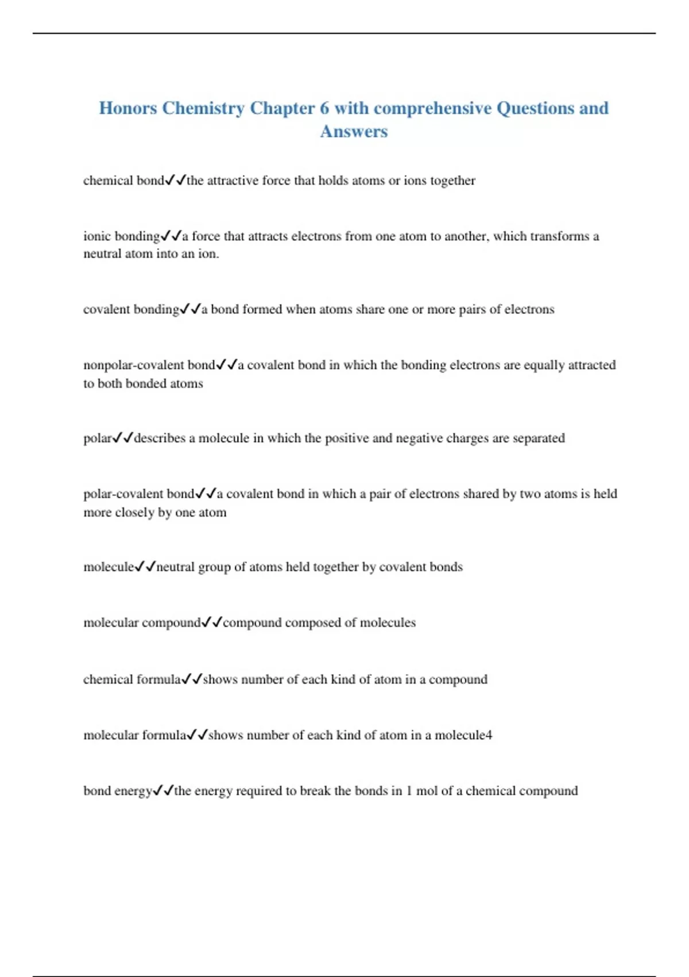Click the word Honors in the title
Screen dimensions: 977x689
[x=127, y=108]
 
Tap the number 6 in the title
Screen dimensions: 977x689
[x=324, y=108]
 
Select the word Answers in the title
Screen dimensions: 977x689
[x=354, y=132]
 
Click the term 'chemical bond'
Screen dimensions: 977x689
[x=123, y=180]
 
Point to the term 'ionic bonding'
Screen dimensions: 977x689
[x=121, y=236]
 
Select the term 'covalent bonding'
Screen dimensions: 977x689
[x=131, y=309]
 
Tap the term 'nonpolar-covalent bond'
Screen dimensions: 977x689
[x=149, y=365]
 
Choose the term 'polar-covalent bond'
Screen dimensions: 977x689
[x=139, y=494]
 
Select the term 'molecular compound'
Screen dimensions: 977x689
[x=142, y=622]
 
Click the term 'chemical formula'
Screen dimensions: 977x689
[x=131, y=679]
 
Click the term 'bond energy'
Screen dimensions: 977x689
[x=117, y=791]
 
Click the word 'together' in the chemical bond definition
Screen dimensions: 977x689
[x=452, y=180]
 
